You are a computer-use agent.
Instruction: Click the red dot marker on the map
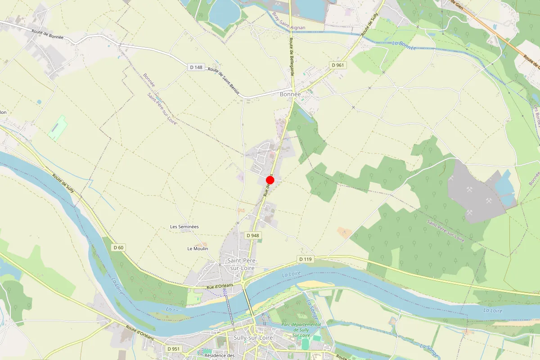coord(270,180)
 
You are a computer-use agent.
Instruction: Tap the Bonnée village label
coord(290,94)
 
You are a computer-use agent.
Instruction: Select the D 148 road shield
coord(196,67)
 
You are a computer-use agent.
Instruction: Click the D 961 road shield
coord(337,65)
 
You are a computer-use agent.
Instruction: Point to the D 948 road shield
coord(253,235)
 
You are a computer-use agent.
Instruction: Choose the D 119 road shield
coord(305,259)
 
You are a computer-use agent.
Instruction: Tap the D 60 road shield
coord(118,247)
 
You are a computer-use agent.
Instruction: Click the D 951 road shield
coord(173,349)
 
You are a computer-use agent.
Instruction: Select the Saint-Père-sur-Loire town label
coord(241,264)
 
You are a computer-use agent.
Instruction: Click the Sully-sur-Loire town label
coord(253,337)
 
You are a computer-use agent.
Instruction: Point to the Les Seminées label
coord(184,227)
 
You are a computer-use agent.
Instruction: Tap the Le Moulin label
coord(196,248)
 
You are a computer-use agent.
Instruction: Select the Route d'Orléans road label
coord(140,333)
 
